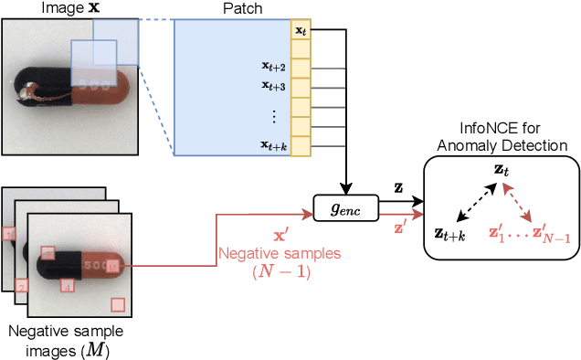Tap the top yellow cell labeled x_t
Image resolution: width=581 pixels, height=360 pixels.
click(x=301, y=30)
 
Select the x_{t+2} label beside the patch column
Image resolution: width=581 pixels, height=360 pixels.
click(x=273, y=67)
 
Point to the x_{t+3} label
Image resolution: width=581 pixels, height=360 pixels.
click(x=273, y=86)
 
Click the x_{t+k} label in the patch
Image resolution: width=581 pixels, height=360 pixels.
click(x=273, y=145)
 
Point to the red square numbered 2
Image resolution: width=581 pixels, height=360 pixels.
click(x=22, y=285)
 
